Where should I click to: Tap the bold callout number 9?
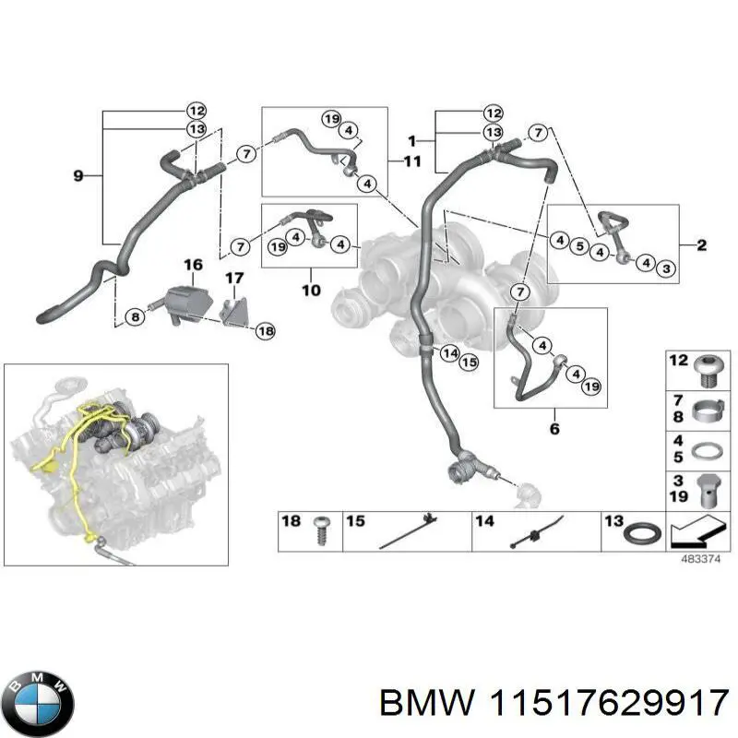77,174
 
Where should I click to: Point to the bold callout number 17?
234,277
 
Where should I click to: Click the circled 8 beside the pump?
136,316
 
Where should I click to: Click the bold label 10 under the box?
310,291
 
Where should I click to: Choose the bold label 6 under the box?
553,428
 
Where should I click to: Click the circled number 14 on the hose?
449,352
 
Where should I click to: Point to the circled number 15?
469,363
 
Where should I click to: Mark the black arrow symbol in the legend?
694,533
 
